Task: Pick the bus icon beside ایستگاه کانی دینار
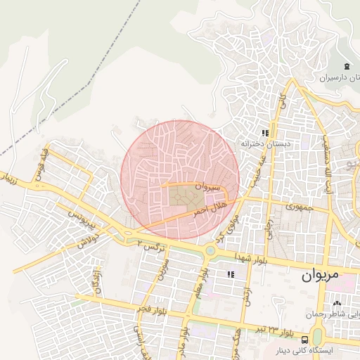tap(304, 337)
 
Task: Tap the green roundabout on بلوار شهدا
tap(210, 250)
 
